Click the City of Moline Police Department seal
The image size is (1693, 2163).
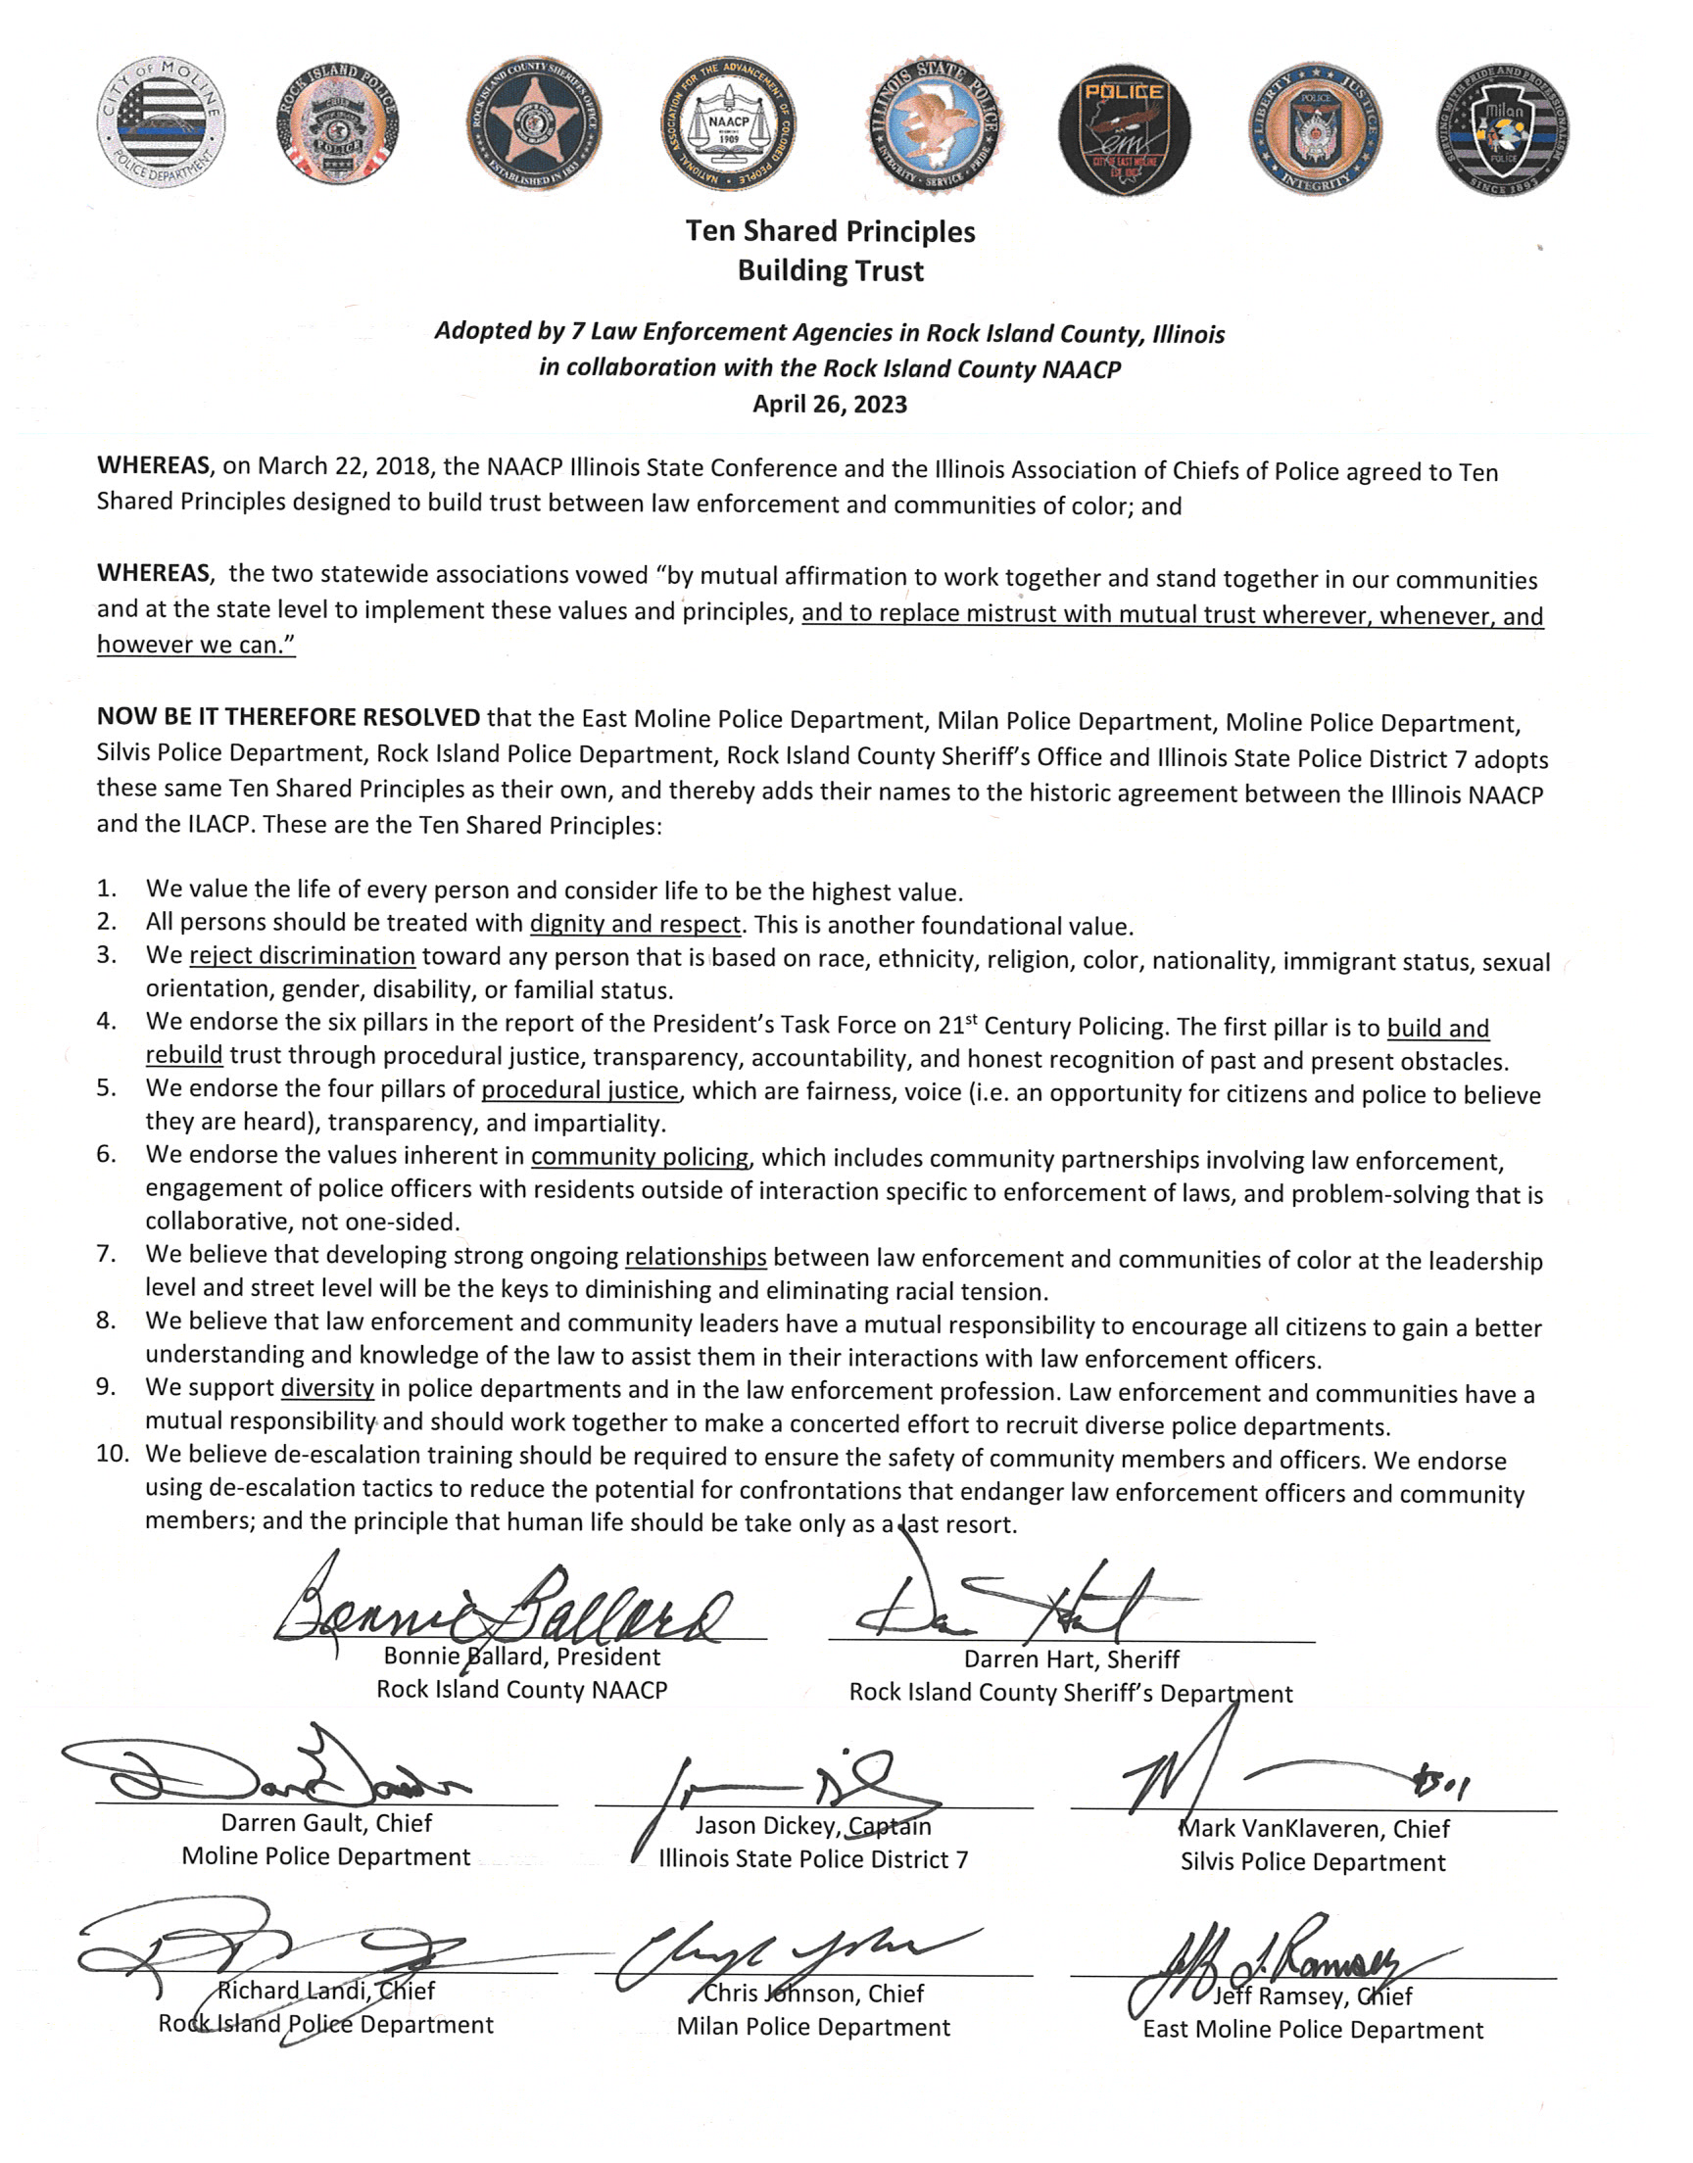coord(162,122)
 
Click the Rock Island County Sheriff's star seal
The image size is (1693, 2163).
coord(533,123)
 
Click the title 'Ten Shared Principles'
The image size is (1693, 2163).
coord(830,232)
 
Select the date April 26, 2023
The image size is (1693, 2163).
coord(830,405)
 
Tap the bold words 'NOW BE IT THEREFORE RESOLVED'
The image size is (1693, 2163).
coord(288,717)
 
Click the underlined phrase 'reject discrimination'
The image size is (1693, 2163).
coord(303,956)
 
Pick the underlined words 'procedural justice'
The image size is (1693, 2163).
coord(580,1091)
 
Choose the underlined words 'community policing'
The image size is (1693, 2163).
coord(640,1156)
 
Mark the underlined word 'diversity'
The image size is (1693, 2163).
coord(327,1388)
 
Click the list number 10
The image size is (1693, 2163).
coord(113,1455)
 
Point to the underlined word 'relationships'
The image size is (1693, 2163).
coord(695,1257)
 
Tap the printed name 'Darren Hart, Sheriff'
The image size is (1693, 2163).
coord(1072,1659)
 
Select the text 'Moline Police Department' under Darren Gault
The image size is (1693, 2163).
coord(326,1856)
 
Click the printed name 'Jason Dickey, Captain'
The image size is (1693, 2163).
coord(813,1826)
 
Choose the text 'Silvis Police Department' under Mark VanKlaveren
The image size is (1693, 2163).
coord(1313,1862)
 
